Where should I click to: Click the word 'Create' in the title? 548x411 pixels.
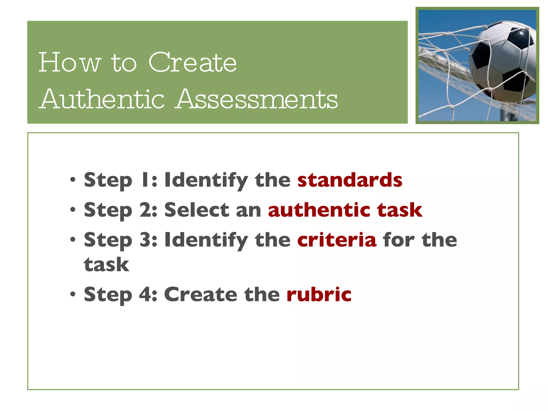pos(192,63)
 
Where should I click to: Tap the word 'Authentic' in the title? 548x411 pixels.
pos(102,99)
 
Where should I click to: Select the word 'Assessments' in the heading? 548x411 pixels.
pos(257,99)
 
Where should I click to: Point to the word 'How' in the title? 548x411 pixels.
pos(70,63)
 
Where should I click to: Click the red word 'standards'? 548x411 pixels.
pos(350,180)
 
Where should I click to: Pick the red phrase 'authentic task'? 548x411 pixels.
pos(345,210)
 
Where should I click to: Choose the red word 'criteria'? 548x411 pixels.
pos(337,240)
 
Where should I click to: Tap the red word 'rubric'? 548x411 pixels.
pos(319,294)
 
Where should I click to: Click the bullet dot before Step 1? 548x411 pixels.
pos(73,180)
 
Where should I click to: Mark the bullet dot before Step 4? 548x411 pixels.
pos(73,295)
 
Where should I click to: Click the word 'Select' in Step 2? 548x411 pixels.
pos(197,210)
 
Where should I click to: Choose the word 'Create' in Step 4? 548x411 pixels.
pos(200,294)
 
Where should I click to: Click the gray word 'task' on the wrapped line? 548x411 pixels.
pos(106,265)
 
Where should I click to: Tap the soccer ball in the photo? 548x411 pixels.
pos(503,62)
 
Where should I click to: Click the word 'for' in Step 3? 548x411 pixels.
pos(399,240)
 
